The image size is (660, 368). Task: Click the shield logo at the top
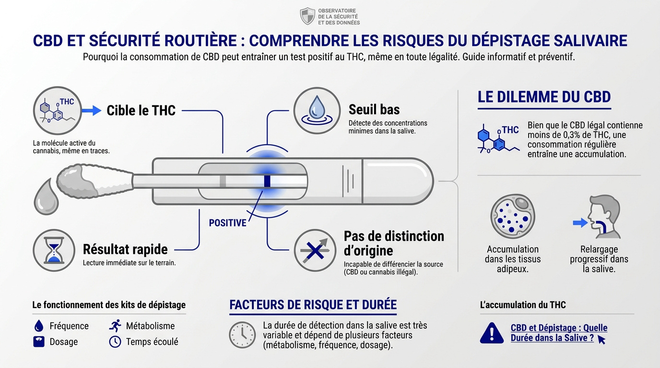(x=307, y=16)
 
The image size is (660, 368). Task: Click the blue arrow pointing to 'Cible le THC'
(x=92, y=111)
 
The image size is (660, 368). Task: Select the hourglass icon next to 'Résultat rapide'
(x=54, y=251)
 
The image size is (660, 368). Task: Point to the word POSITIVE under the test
(x=227, y=223)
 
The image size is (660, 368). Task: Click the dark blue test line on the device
(x=267, y=182)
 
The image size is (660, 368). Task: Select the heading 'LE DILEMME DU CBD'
(x=544, y=97)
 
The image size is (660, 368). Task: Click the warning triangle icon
(x=492, y=333)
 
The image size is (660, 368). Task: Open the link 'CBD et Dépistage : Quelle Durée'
(x=559, y=333)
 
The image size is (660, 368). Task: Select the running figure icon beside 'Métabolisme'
(x=115, y=326)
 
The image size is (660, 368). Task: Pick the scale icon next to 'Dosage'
(x=38, y=342)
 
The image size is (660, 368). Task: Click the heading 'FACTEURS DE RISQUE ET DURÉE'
(x=313, y=305)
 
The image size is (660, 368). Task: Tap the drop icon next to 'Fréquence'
(x=38, y=326)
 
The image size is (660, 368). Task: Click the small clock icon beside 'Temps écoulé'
(x=115, y=342)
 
